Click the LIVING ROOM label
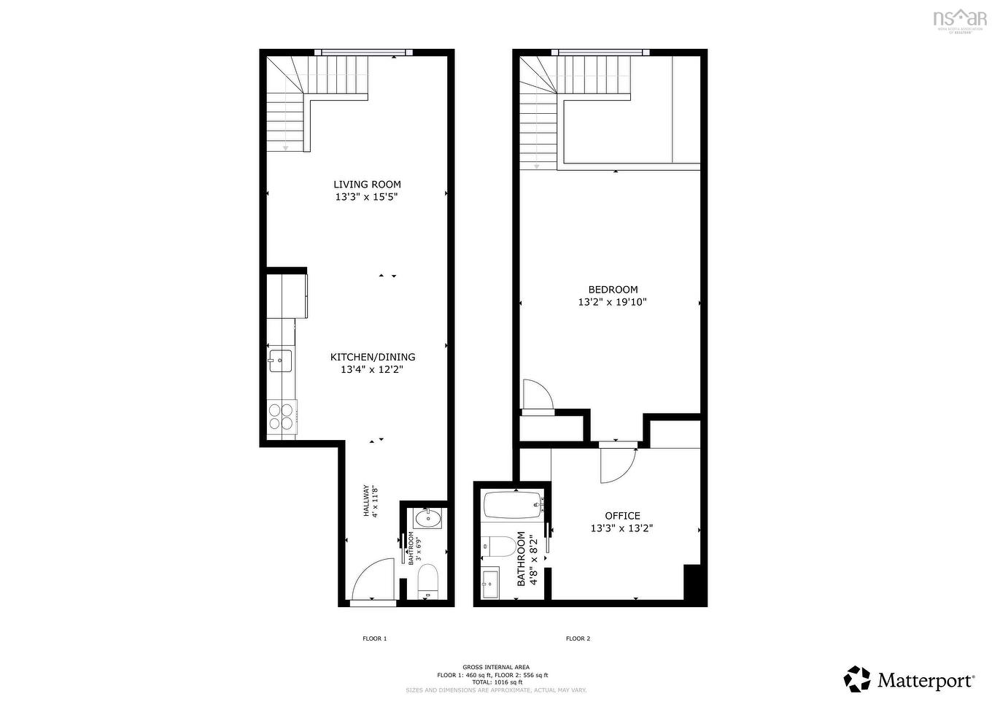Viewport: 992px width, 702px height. (367, 185)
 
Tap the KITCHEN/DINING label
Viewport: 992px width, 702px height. (373, 357)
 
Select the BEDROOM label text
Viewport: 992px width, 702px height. (613, 290)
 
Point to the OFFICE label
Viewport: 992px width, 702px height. (622, 516)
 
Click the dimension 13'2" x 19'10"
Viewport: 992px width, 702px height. (613, 302)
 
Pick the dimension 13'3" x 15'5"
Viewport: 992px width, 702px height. (367, 197)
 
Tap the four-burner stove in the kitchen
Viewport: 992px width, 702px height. (282, 416)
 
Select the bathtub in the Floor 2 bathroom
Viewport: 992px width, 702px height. (514, 506)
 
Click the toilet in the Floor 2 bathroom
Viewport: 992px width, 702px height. (498, 545)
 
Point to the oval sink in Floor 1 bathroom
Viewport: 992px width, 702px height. (427, 519)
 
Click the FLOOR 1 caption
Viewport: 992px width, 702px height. (374, 639)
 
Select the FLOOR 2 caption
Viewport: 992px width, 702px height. (578, 639)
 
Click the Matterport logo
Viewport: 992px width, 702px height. (909, 680)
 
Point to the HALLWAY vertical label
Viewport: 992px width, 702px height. (371, 502)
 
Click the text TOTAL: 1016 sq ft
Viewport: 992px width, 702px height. (497, 682)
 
